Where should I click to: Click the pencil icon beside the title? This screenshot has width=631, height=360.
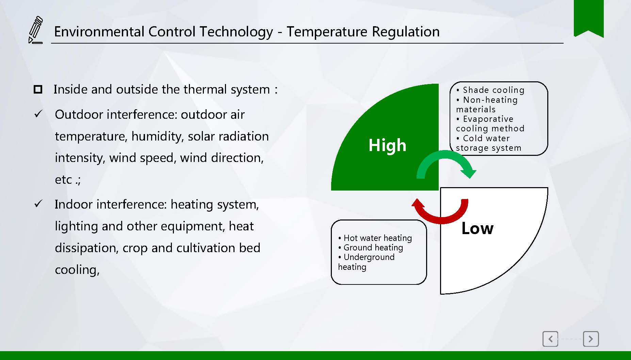35,30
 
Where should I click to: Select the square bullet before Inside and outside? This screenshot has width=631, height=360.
38,89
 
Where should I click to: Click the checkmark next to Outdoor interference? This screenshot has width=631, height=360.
38,114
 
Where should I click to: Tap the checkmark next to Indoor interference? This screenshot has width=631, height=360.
38,204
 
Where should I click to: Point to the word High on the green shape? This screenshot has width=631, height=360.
387,145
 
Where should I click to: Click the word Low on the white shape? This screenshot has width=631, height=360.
477,228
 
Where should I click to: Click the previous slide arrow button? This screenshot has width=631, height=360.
550,339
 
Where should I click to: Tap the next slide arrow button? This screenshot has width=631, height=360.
591,339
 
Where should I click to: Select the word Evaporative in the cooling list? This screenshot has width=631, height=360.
488,119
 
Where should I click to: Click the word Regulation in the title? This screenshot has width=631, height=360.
406,32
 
